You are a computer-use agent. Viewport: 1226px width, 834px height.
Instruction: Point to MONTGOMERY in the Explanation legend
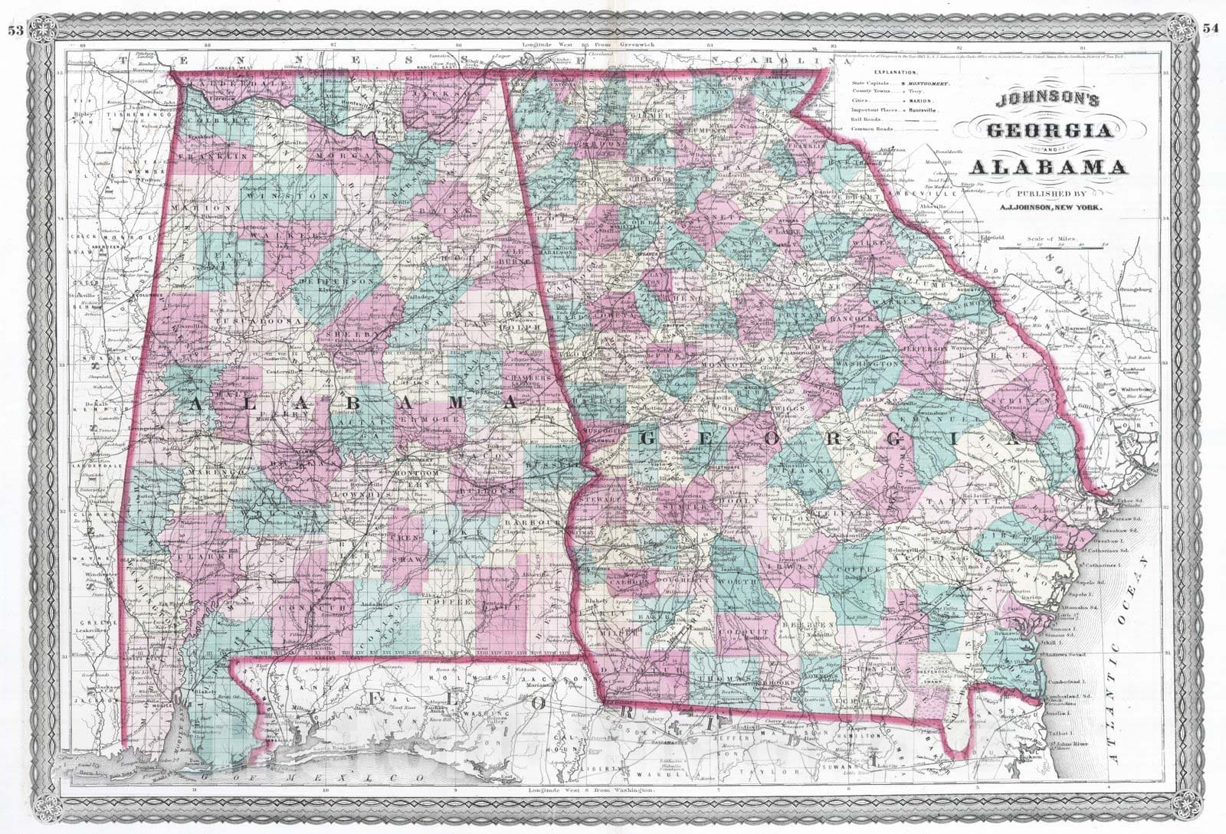[929, 82]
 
